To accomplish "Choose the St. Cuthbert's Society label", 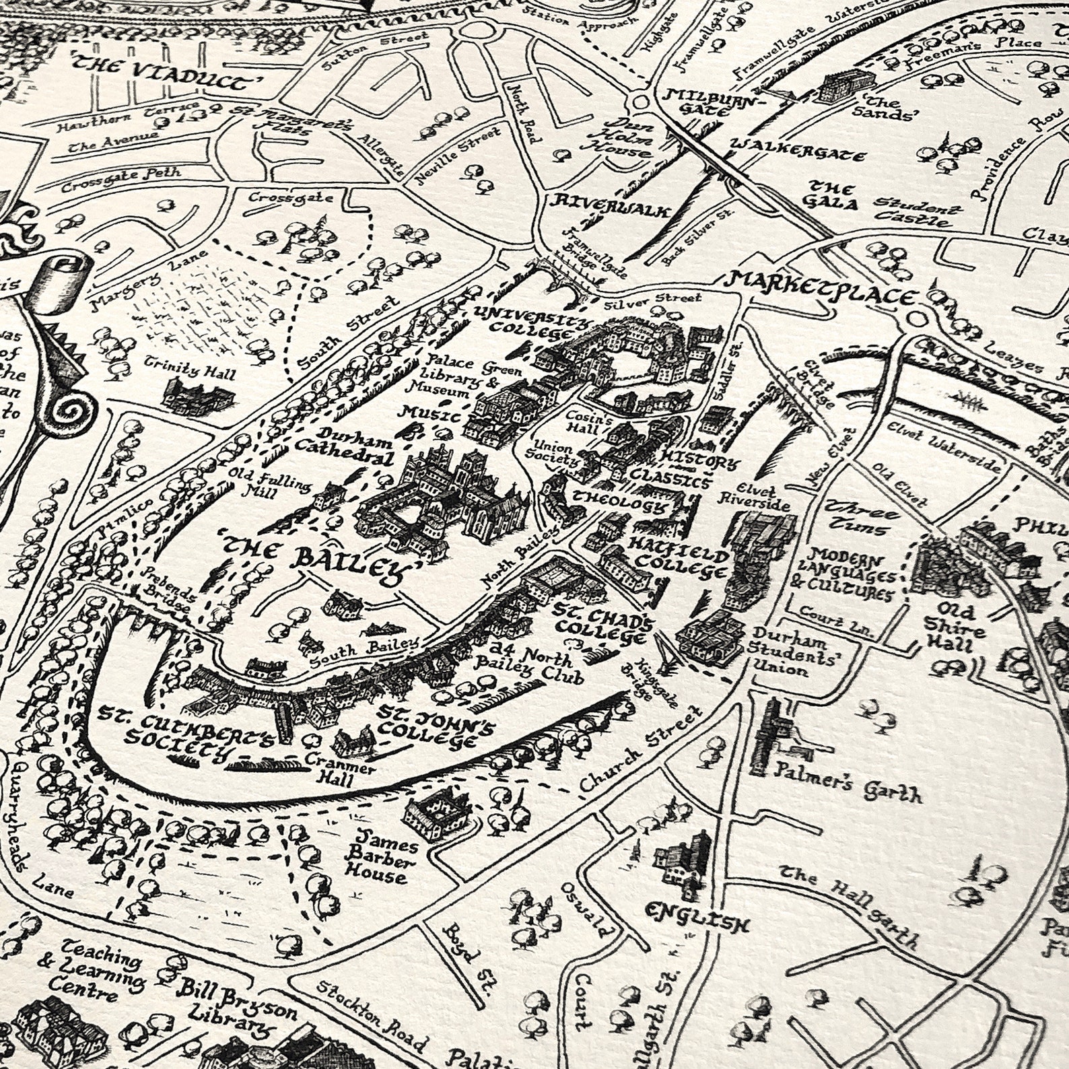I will (x=183, y=730).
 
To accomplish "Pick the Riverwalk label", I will (x=610, y=205).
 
